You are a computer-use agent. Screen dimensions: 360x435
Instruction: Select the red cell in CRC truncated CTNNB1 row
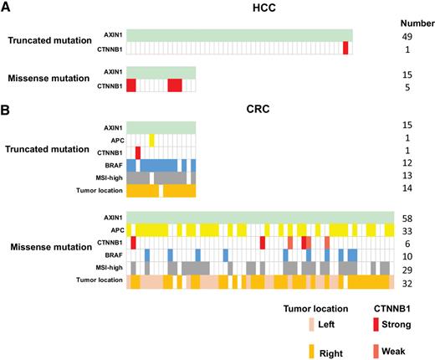coord(137,152)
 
